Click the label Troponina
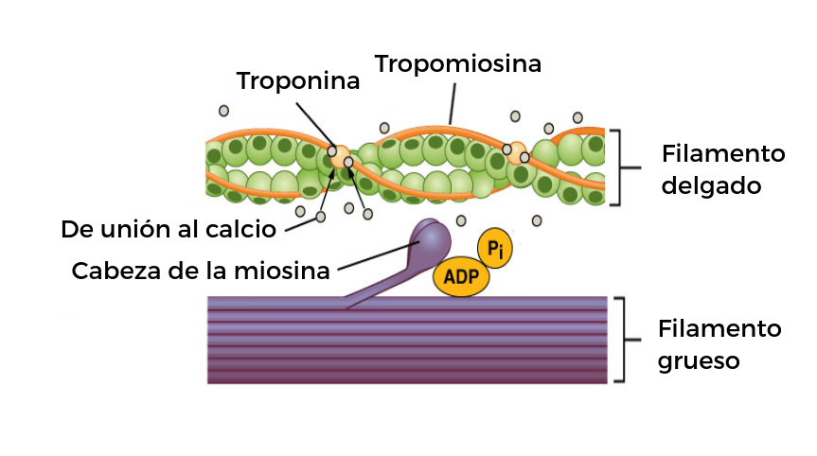tap(298, 80)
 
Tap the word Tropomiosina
tap(458, 64)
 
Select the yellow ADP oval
tap(461, 276)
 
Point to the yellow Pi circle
tap(494, 248)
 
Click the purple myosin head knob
tap(432, 239)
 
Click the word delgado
tap(711, 185)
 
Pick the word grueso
tap(699, 360)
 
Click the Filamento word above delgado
tap(723, 153)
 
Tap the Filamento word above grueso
tap(719, 328)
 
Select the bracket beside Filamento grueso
tap(624, 340)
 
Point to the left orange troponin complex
tap(340, 157)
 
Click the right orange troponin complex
tap(516, 153)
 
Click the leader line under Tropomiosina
tap(453, 104)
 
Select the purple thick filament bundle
tap(407, 341)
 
